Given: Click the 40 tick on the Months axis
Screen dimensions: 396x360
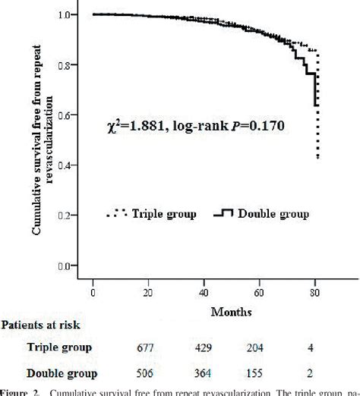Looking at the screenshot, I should click(205, 293).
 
